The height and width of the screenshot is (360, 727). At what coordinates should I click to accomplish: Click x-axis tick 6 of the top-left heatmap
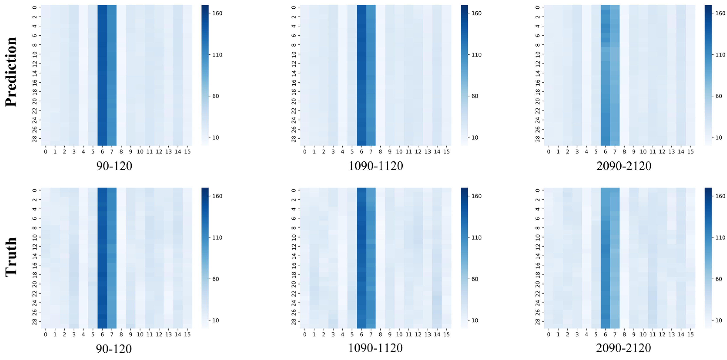[x=102, y=152]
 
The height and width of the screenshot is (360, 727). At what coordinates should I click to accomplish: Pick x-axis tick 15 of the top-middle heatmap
[x=446, y=152]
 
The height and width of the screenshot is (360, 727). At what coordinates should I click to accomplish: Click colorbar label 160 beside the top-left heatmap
[x=217, y=13]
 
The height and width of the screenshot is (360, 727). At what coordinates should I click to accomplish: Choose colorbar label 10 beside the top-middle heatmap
[x=475, y=138]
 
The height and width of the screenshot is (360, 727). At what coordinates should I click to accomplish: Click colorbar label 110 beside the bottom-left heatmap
[x=217, y=238]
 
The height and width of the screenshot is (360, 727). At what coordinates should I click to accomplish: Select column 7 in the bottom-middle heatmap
[x=371, y=258]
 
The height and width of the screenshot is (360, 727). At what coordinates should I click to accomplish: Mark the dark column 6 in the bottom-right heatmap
[x=605, y=258]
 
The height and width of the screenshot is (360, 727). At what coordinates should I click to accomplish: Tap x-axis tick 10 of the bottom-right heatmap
[x=643, y=335]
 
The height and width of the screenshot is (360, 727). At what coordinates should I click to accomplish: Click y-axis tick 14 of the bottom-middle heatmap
[x=294, y=256]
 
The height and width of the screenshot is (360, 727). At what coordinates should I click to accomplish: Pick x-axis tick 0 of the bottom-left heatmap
[x=46, y=335]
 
